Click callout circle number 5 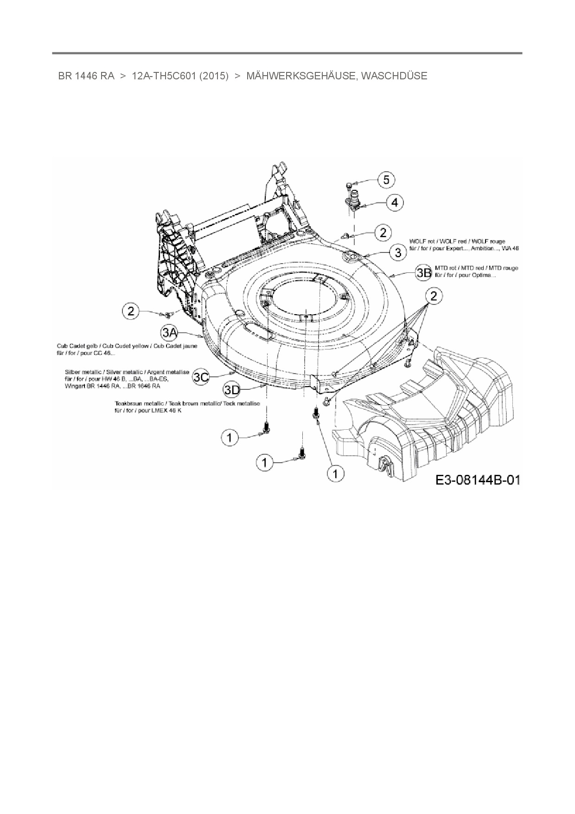pyautogui.click(x=387, y=179)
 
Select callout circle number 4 pyautogui.click(x=394, y=202)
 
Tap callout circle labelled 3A pyautogui.click(x=170, y=332)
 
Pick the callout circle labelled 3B pyautogui.click(x=423, y=272)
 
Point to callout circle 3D pyautogui.click(x=232, y=389)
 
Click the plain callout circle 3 pyautogui.click(x=398, y=252)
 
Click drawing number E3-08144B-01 pyautogui.click(x=477, y=479)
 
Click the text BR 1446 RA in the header pyautogui.click(x=86, y=76)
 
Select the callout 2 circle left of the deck pyautogui.click(x=131, y=310)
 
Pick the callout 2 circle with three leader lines pyautogui.click(x=434, y=296)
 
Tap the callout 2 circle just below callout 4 pyautogui.click(x=383, y=232)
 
